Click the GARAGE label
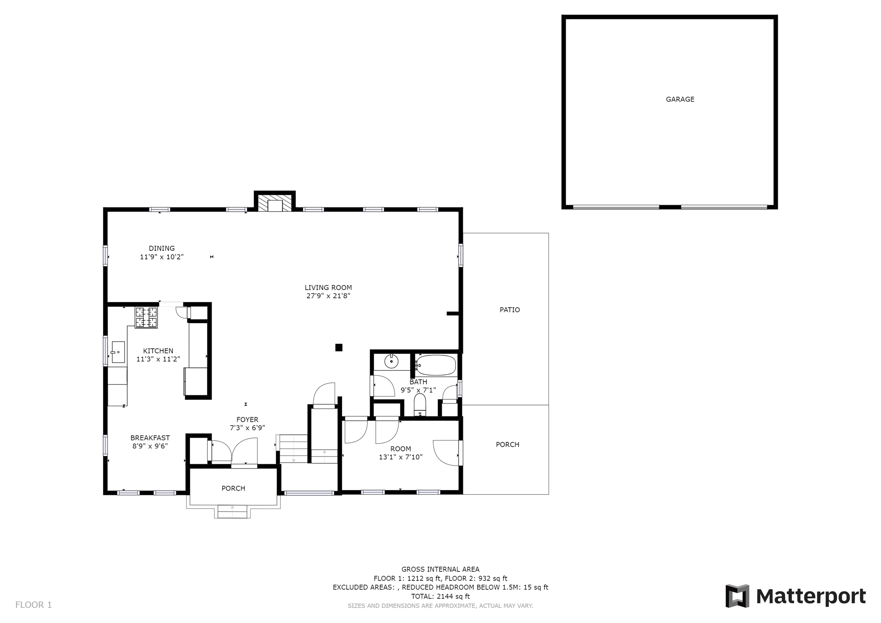(x=680, y=99)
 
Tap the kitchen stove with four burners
(x=146, y=318)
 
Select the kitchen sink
(x=118, y=352)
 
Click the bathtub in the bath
(x=436, y=365)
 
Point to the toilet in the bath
(x=420, y=405)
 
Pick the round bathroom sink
(x=391, y=361)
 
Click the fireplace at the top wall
(x=274, y=202)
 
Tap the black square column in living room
(x=339, y=348)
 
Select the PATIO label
(x=510, y=310)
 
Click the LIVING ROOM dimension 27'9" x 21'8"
(x=328, y=296)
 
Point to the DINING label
(x=162, y=248)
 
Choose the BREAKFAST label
(x=150, y=438)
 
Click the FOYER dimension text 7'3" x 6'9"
(x=247, y=428)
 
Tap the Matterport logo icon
(x=737, y=596)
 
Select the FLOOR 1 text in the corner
(x=34, y=605)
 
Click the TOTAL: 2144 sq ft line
(x=440, y=596)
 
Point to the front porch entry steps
(x=232, y=511)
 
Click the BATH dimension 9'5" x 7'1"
(x=418, y=390)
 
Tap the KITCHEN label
(x=158, y=351)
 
